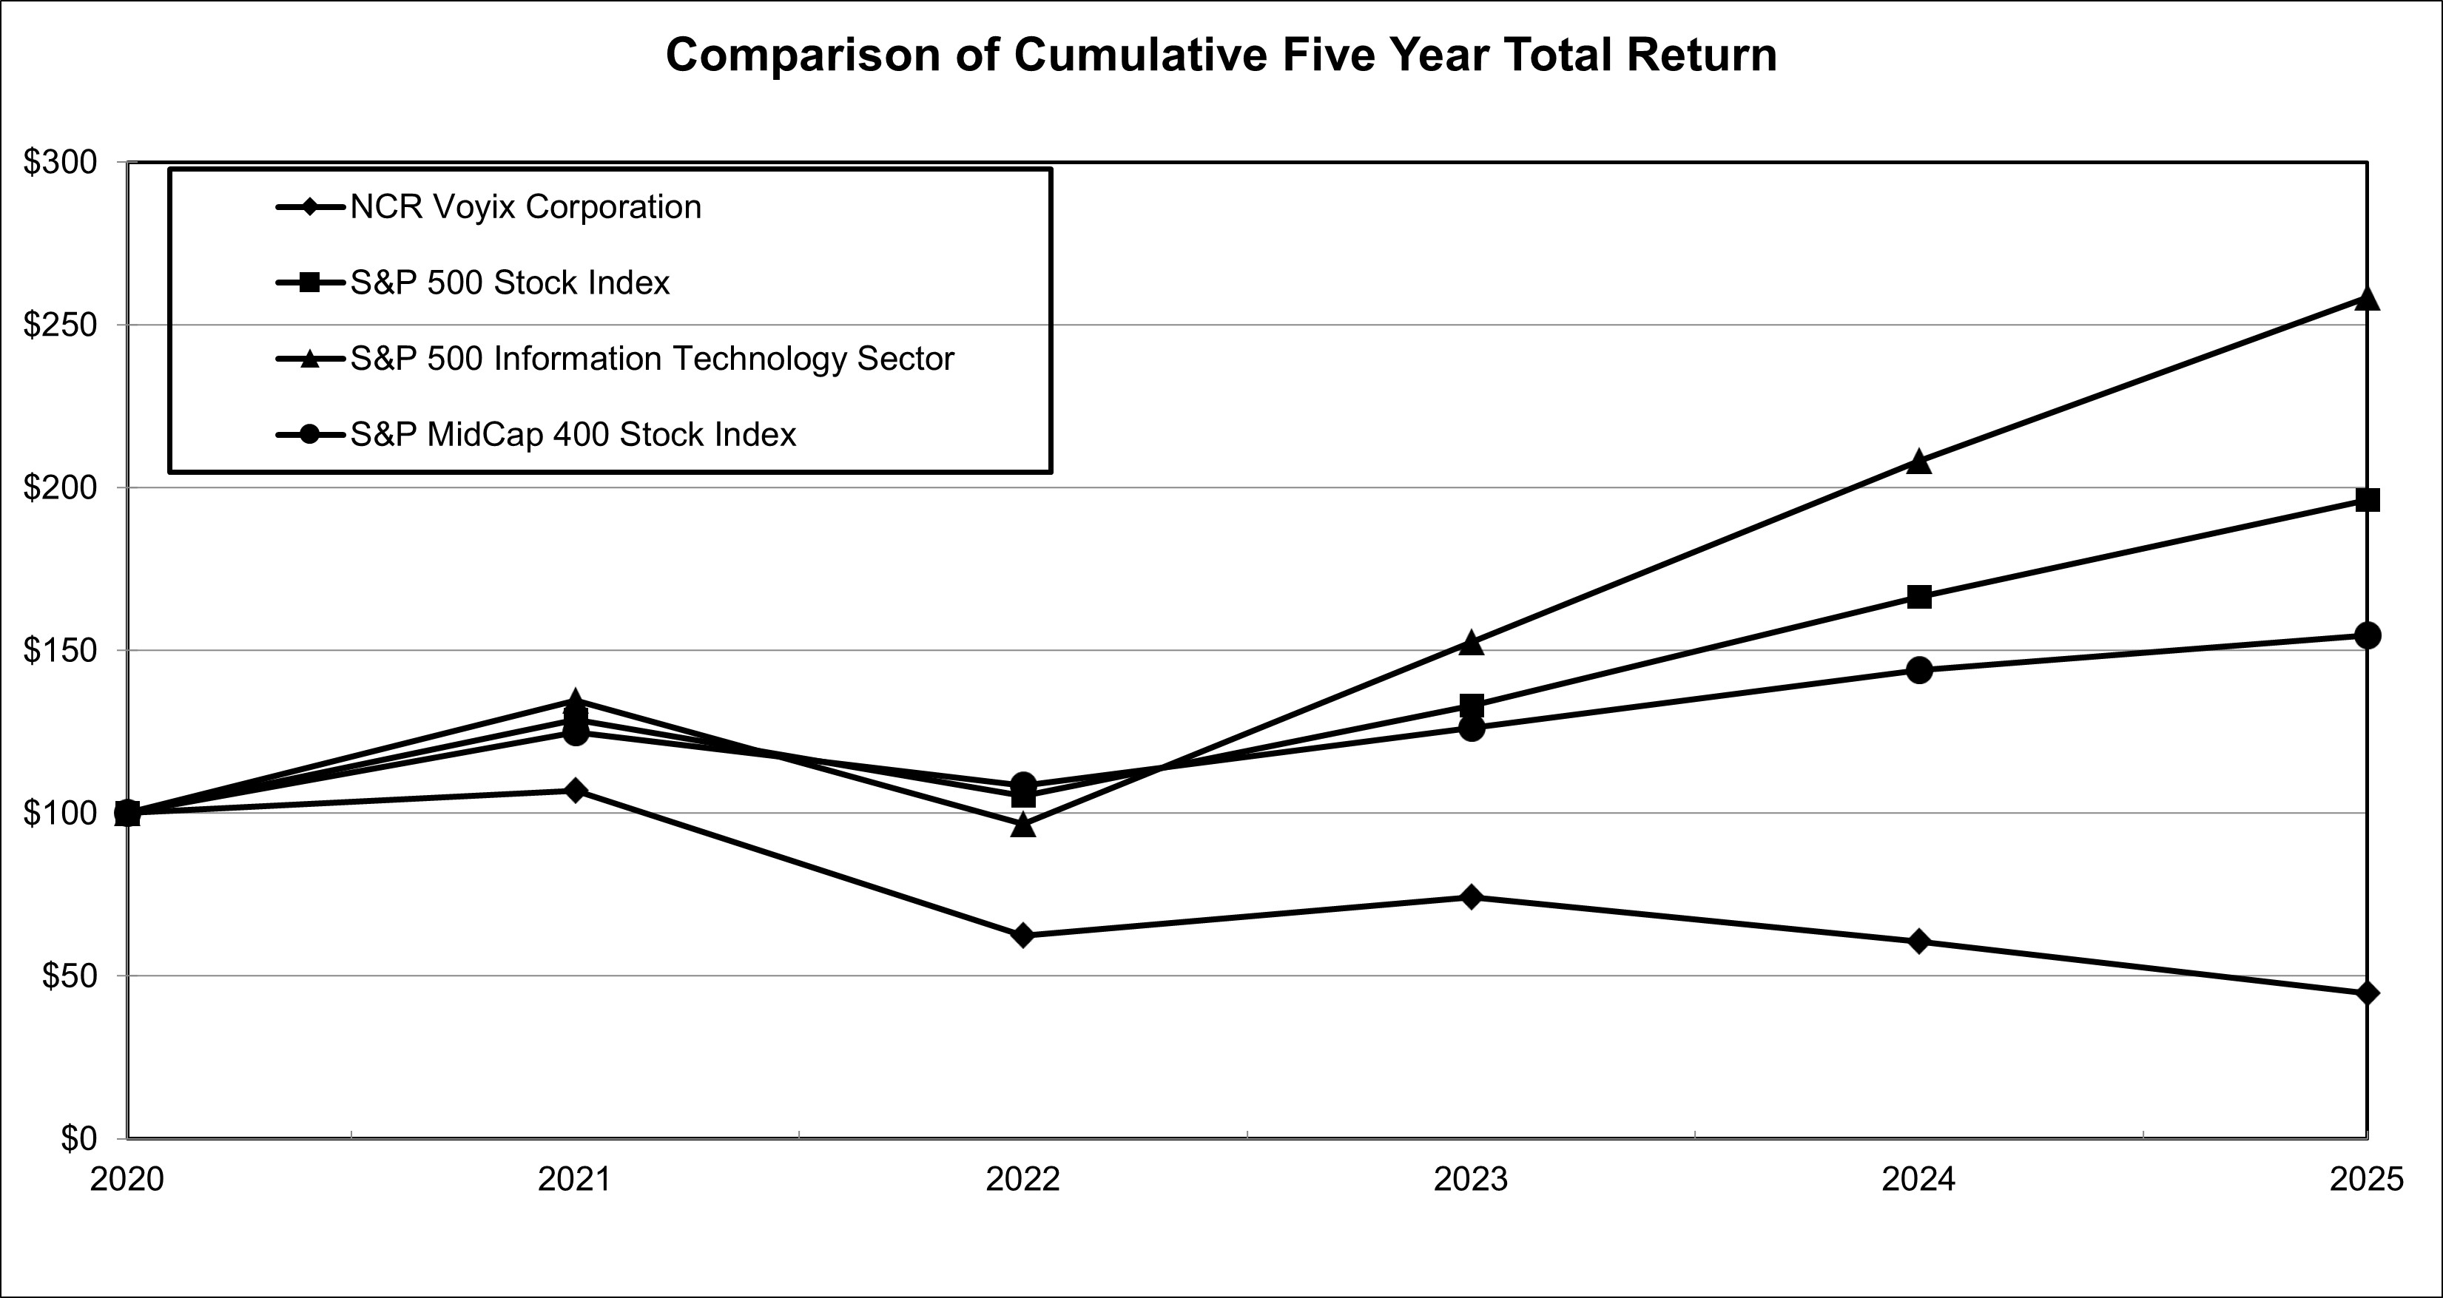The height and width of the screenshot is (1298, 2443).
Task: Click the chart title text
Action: [x=1221, y=55]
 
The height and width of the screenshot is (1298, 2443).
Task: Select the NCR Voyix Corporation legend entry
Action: [x=525, y=206]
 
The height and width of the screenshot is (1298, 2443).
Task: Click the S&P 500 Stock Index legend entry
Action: [x=509, y=283]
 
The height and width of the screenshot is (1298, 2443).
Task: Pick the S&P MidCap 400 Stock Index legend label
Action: [x=572, y=434]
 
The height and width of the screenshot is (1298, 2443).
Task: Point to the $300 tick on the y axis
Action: [x=60, y=163]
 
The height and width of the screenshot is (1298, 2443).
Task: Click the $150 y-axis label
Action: [x=60, y=650]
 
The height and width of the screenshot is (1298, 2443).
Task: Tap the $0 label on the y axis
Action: [x=78, y=1138]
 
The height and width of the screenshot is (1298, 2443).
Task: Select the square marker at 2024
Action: [x=1918, y=596]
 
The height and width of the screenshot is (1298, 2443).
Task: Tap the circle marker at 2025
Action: [x=2367, y=635]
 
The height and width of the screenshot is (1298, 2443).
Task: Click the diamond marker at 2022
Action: [x=1022, y=935]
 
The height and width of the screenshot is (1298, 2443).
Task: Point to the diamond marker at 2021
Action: [x=575, y=790]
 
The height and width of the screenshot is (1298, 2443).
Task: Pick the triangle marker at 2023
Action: [x=1471, y=643]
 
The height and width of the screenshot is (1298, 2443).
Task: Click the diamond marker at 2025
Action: [x=2367, y=993]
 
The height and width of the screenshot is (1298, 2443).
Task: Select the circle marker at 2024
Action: [x=1918, y=670]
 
